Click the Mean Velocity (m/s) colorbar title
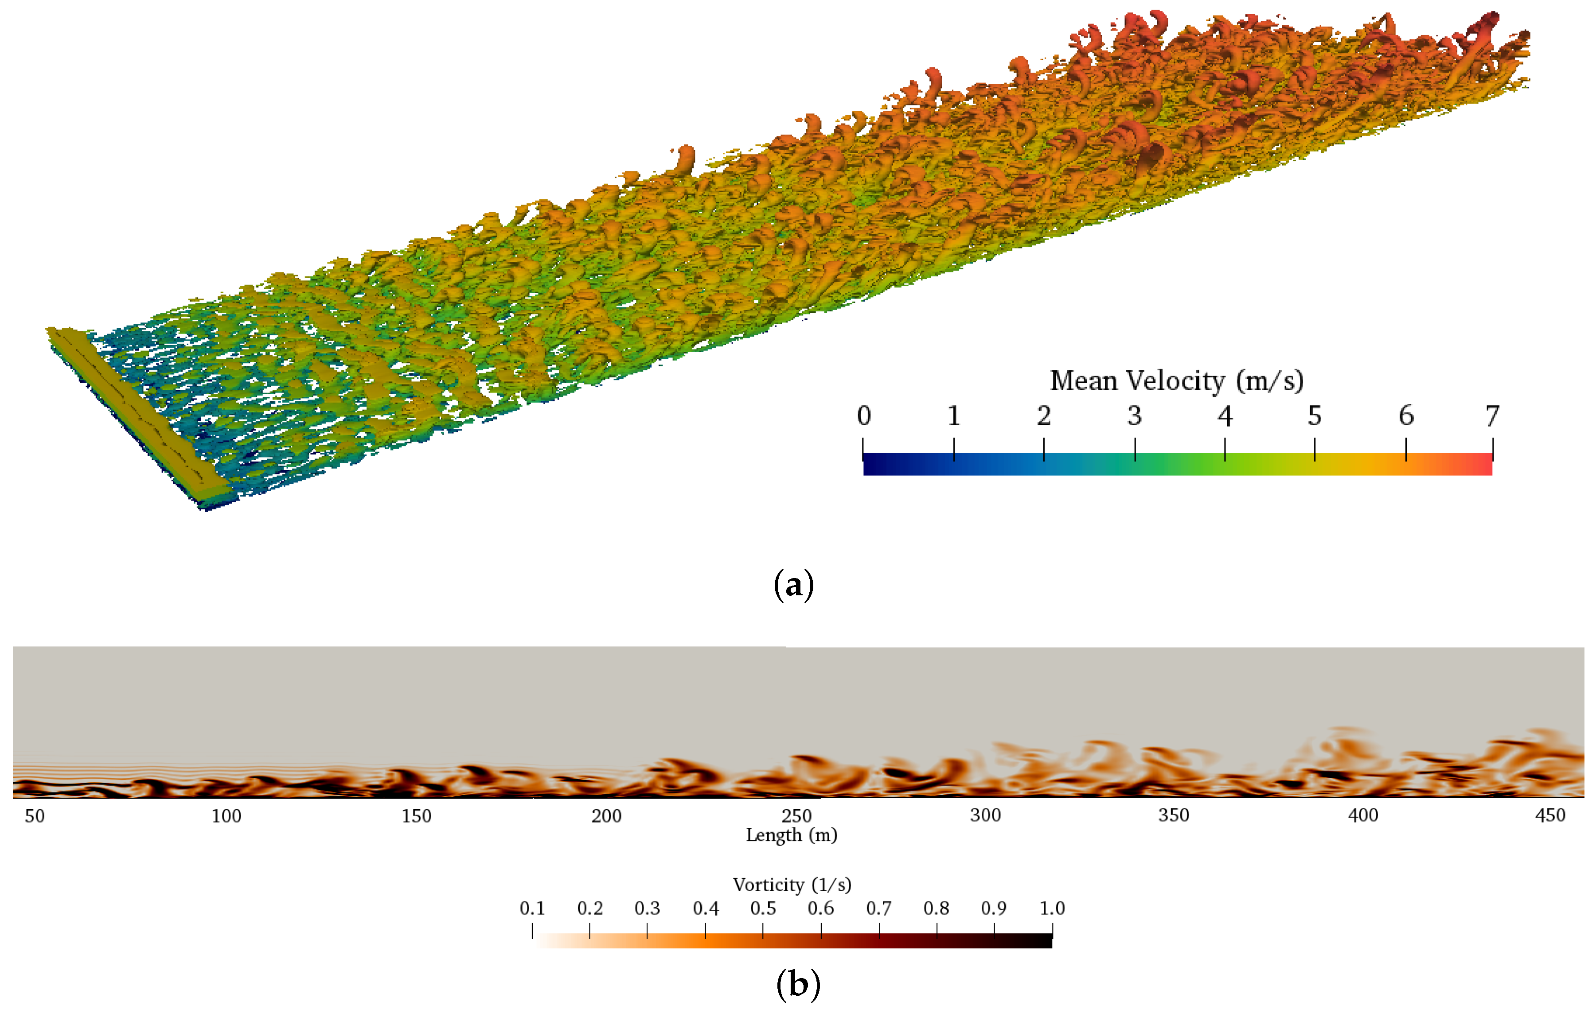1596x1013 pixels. [x=1176, y=381]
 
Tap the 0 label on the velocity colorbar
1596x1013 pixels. [x=864, y=416]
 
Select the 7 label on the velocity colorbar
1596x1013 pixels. [x=1492, y=416]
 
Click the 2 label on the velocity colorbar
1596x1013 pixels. [x=1044, y=416]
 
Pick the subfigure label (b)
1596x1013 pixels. [x=798, y=985]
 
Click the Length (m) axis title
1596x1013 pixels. [x=792, y=835]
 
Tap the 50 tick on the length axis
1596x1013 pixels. [x=35, y=815]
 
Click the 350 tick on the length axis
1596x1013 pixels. [x=1173, y=815]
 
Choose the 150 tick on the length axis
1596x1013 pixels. [x=416, y=815]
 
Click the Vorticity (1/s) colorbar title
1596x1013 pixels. [x=792, y=885]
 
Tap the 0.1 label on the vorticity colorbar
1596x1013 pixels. [x=532, y=908]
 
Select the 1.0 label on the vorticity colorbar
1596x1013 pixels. [x=1052, y=908]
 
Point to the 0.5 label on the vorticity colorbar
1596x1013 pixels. [x=763, y=908]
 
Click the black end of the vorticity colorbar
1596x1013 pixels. [x=1044, y=941]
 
